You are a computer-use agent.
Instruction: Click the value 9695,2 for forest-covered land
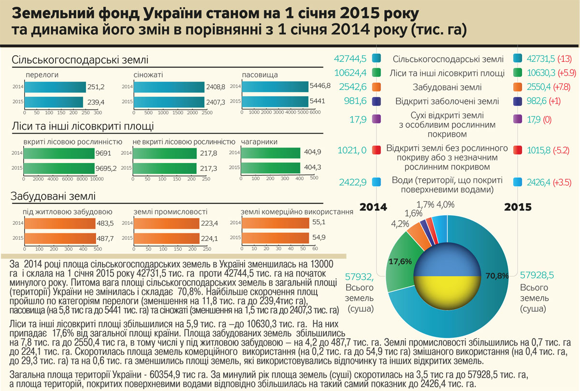[x=107, y=168]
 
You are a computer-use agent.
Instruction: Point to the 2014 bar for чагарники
[x=270, y=152]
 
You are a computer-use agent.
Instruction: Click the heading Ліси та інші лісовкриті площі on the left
[x=83, y=127]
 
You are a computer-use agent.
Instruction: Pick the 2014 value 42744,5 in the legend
[x=350, y=59]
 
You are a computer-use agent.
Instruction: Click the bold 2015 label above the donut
[x=518, y=207]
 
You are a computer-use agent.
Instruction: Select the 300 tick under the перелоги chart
[x=98, y=113]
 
